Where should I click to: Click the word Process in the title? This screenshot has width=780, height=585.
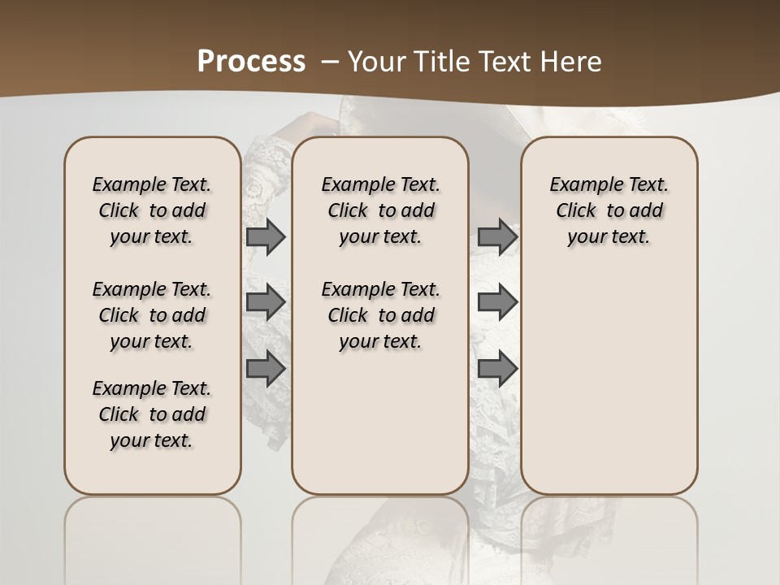point(251,62)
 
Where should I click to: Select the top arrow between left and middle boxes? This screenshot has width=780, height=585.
point(266,236)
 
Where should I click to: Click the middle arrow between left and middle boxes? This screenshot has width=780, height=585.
point(266,302)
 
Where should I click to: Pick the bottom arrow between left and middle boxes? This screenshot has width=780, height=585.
point(266,369)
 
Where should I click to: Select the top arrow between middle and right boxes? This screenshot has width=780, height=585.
point(497,236)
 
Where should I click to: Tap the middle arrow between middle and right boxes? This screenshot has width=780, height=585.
point(497,302)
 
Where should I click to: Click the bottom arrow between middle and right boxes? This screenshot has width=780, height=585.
point(497,369)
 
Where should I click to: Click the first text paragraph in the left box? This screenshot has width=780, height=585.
point(152,210)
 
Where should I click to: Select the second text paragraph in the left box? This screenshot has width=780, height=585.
point(152,315)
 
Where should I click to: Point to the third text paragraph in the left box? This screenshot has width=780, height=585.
point(152,414)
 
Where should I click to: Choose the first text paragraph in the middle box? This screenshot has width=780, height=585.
point(380,210)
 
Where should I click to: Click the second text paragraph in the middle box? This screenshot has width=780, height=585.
point(380,315)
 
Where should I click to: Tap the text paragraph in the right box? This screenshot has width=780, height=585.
point(609,210)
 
